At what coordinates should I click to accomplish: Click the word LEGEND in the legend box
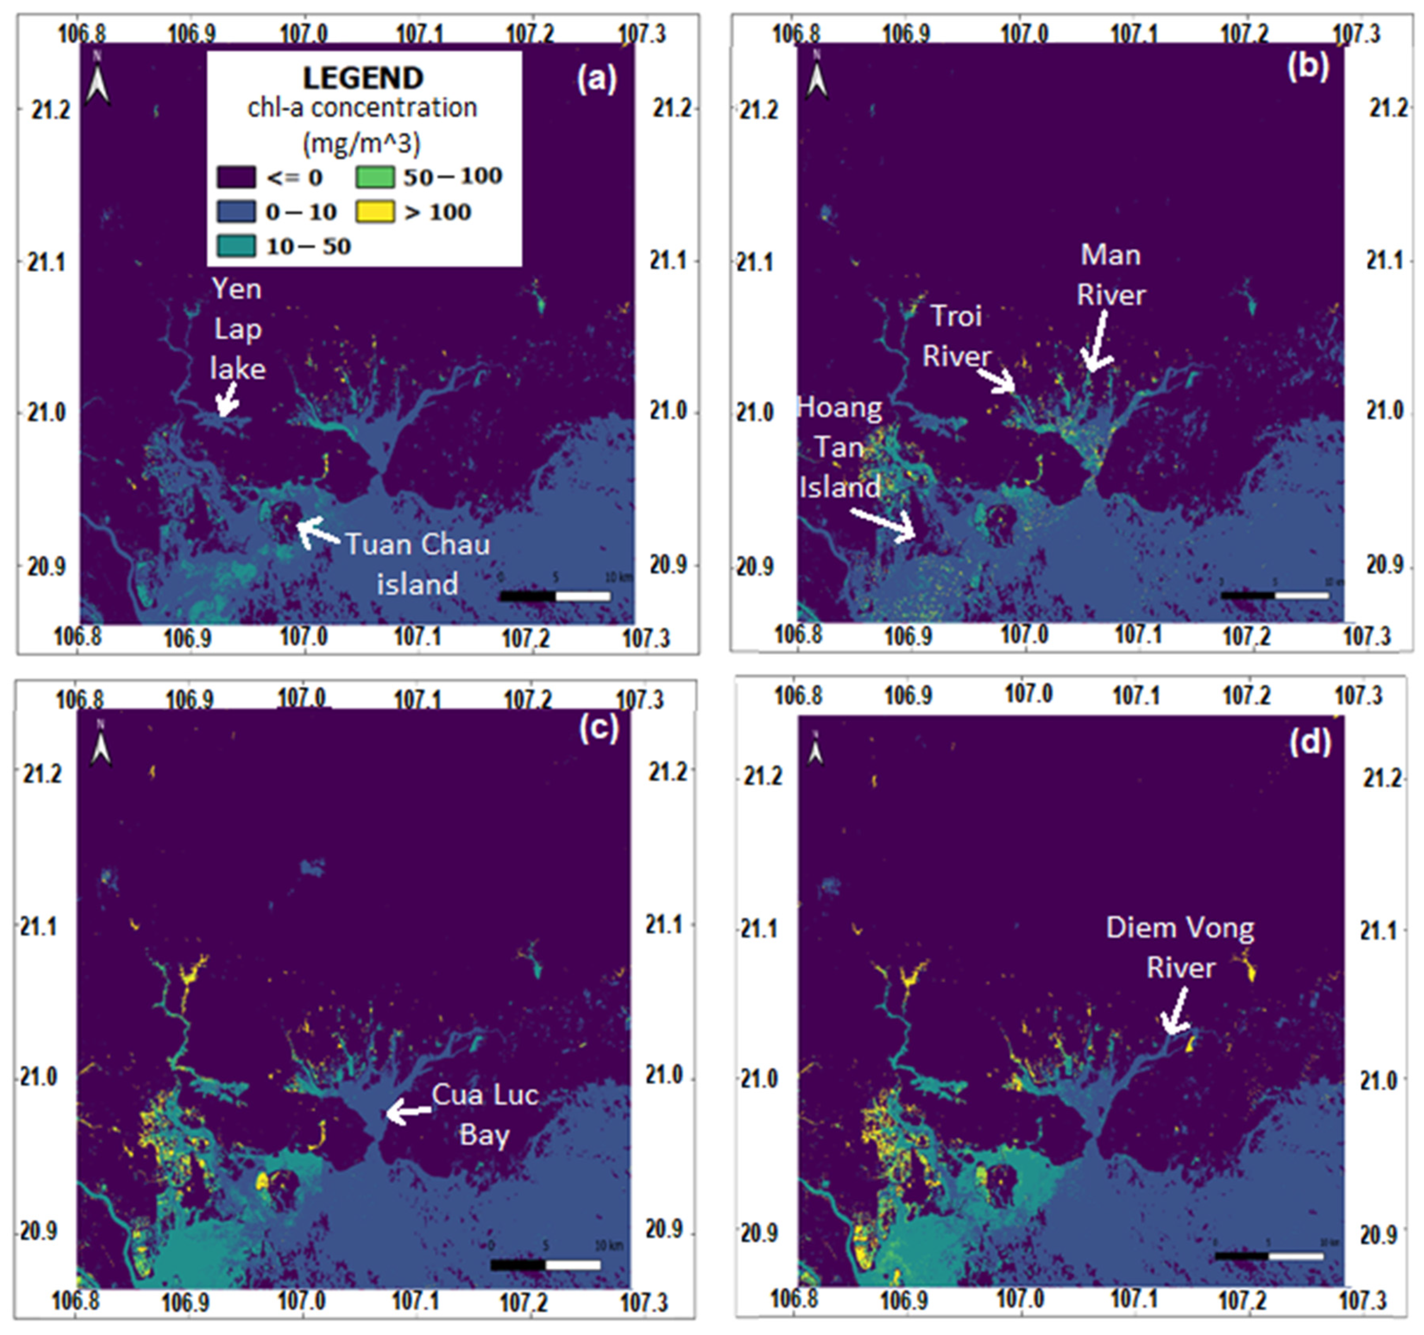click(363, 78)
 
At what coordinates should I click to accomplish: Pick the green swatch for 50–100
click(375, 176)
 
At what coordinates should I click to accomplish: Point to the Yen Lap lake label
click(237, 329)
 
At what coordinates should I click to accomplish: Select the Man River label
click(1111, 274)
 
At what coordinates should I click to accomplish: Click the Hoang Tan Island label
click(839, 447)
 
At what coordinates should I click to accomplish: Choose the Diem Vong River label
click(1180, 947)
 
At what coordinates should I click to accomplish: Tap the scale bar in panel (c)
click(546, 1265)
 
